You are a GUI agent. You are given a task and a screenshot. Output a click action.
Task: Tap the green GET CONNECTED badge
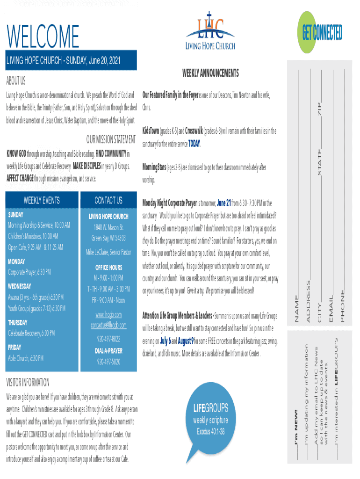click(322, 32)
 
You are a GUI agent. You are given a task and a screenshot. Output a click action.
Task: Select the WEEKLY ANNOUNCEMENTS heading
click(210, 73)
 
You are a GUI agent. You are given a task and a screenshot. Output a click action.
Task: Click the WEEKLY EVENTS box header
click(42, 200)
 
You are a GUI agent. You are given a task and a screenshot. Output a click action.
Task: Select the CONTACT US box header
click(108, 200)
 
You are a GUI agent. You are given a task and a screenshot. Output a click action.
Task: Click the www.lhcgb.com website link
click(108, 314)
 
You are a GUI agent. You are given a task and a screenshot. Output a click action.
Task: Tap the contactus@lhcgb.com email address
click(108, 325)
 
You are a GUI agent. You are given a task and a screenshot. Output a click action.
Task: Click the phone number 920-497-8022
click(108, 339)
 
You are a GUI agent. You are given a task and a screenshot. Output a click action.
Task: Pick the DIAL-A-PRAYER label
click(108, 350)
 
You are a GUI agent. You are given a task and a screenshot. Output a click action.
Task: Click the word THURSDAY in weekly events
click(18, 322)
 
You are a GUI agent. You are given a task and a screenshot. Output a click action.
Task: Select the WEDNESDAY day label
click(20, 286)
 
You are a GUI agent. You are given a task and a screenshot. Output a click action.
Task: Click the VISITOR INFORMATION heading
click(28, 383)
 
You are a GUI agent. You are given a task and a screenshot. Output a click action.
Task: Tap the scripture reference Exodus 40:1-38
click(210, 431)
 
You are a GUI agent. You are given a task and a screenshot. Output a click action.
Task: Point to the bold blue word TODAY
click(194, 143)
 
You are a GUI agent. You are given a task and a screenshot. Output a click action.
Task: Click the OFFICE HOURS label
click(108, 268)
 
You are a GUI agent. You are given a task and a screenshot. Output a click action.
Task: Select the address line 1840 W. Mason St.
click(108, 228)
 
